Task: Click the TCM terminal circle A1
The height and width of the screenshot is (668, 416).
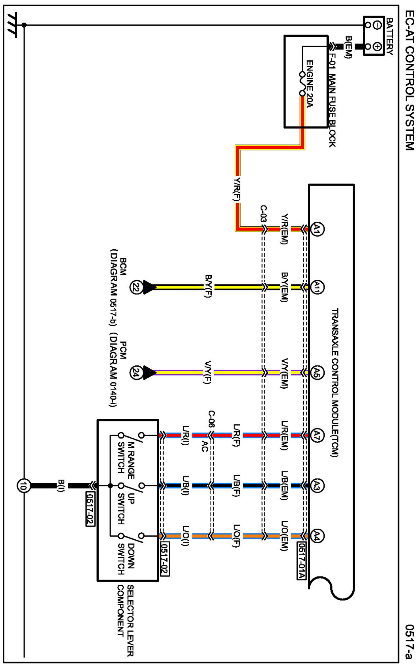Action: (317, 229)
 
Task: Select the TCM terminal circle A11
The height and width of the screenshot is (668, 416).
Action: (317, 287)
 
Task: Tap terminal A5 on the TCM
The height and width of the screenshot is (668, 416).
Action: (317, 372)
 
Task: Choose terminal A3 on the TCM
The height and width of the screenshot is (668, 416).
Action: (317, 486)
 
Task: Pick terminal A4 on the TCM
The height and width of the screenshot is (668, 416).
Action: (317, 536)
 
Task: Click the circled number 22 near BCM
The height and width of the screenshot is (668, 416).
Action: (136, 287)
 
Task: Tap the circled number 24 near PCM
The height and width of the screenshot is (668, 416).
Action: (136, 373)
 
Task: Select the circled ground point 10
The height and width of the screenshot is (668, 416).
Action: (24, 486)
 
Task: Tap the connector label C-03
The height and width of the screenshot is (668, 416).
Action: (263, 213)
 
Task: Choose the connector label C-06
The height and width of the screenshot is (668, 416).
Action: (211, 419)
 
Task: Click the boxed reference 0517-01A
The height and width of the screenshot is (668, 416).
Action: (301, 560)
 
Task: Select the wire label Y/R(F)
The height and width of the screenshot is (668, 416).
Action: (237, 189)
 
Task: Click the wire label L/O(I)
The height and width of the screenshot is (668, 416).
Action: (185, 536)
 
